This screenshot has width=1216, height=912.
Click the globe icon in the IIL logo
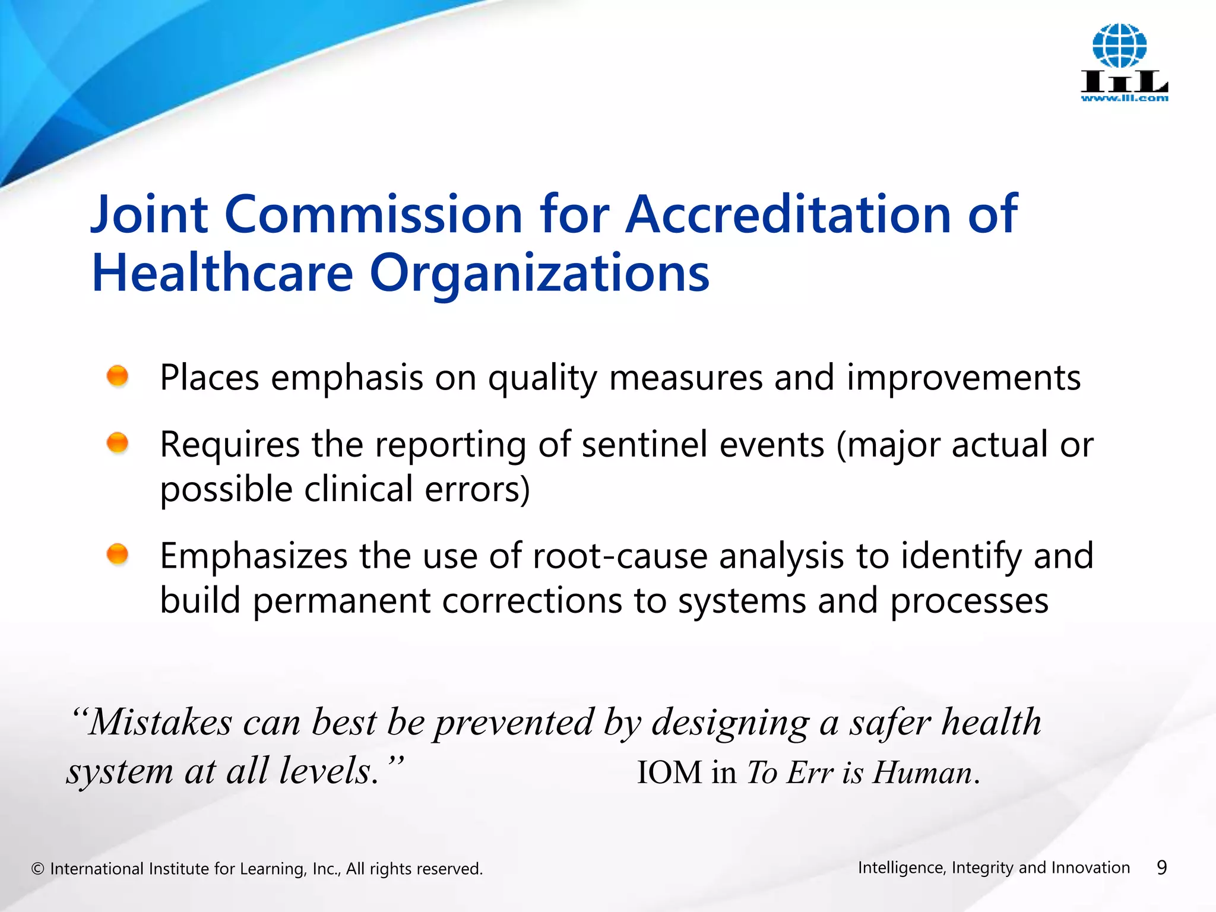pos(1119,46)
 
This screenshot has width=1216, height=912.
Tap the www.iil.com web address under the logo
pos(1124,99)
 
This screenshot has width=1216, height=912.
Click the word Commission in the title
pos(373,214)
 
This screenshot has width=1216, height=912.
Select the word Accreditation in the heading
pos(788,214)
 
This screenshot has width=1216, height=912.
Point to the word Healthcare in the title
pos(223,273)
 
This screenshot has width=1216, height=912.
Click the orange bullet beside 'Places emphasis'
pos(118,376)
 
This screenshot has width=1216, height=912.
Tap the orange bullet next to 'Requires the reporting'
pos(118,442)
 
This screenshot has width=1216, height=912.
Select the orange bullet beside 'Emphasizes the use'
pos(118,554)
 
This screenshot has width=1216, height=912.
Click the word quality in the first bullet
pos(542,379)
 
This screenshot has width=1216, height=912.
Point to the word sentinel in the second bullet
pos(645,445)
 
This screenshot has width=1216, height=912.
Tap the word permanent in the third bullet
pos(341,601)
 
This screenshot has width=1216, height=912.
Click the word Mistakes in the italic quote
pos(160,723)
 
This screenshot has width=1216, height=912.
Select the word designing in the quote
pos(730,724)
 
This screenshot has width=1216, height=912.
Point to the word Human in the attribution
pos(922,773)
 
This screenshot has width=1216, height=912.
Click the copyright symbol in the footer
pos(38,869)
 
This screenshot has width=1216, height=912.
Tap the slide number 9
pos(1162,868)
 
